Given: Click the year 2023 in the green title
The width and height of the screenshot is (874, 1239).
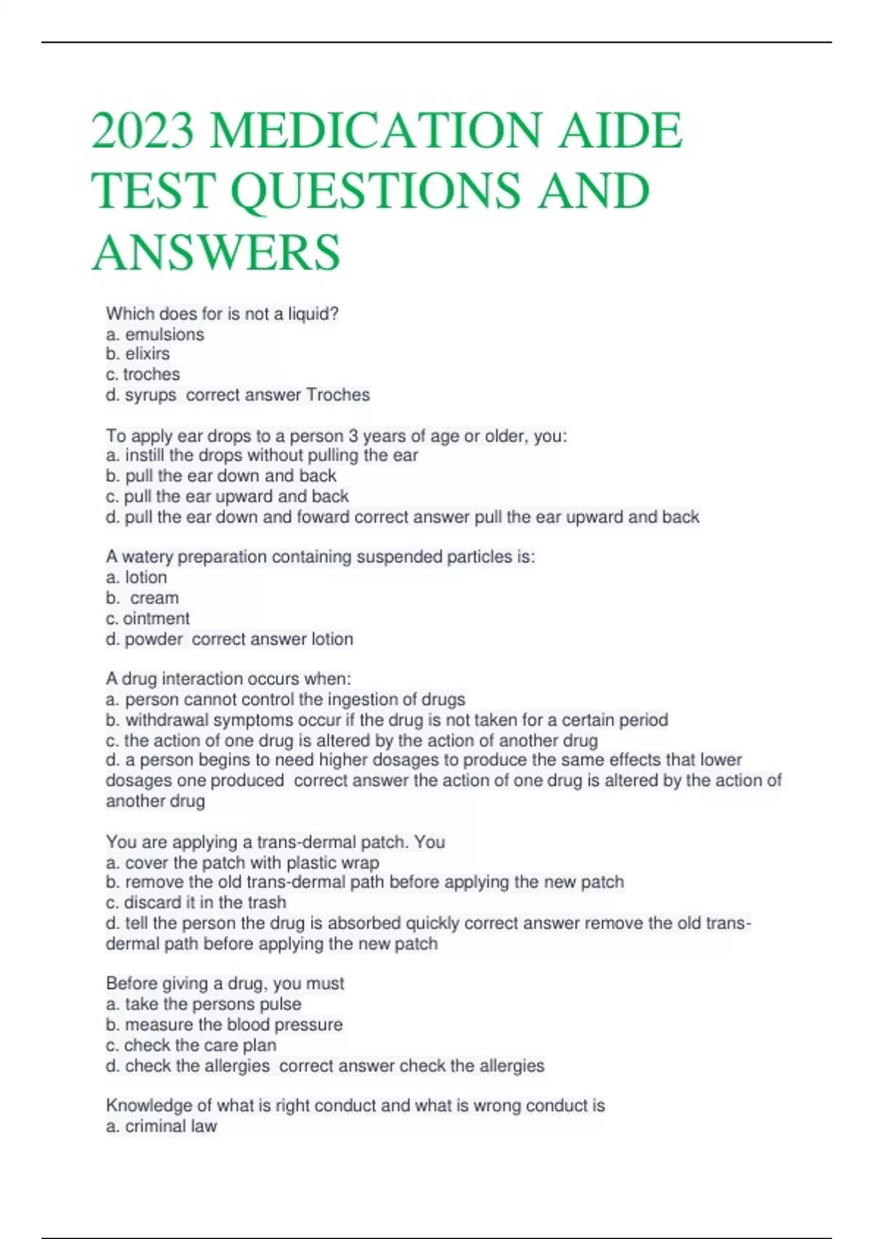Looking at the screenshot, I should (x=143, y=131).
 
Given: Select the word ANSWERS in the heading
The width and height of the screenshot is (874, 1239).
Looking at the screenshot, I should (x=216, y=253).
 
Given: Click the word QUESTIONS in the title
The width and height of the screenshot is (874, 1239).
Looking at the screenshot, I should (x=376, y=192).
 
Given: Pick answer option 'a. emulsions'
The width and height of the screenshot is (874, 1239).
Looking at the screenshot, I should (x=155, y=335).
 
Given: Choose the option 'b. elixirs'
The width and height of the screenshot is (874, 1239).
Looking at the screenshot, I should (x=138, y=354).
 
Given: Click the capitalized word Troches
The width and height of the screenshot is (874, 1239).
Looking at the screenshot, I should (x=338, y=395).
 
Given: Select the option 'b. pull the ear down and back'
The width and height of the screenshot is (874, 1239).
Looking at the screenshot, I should (x=221, y=476).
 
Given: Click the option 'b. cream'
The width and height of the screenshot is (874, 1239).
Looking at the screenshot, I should (x=142, y=598).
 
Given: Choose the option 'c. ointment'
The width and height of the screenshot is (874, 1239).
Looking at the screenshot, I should (x=148, y=619).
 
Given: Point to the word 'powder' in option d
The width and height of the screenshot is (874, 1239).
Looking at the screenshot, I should (x=154, y=639).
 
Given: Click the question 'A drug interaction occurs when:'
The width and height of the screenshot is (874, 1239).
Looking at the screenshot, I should (x=229, y=679).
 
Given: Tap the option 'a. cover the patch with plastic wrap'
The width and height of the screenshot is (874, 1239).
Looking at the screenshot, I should (x=243, y=864).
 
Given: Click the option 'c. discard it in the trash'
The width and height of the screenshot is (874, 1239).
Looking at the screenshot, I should (x=196, y=903).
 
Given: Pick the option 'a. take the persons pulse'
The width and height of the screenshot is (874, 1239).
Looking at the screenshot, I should (x=203, y=1004).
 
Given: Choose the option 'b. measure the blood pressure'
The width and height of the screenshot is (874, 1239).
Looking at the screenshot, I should (x=224, y=1025).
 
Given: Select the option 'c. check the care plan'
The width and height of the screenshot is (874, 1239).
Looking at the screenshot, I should (x=191, y=1045).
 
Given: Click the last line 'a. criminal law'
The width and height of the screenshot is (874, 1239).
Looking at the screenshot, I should (x=162, y=1127).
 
